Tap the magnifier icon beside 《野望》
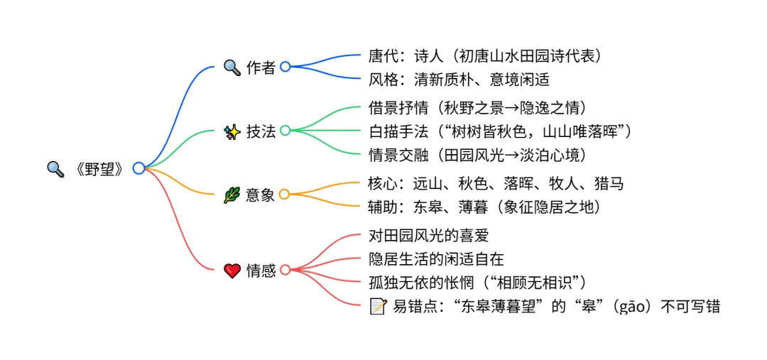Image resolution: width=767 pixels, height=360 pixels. click(x=55, y=169)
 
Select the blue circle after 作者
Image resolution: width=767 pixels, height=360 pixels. click(x=285, y=67)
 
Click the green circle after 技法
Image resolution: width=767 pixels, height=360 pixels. click(x=285, y=131)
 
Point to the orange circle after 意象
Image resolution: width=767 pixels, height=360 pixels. click(x=284, y=195)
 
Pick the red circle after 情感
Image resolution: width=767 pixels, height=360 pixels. click(x=285, y=270)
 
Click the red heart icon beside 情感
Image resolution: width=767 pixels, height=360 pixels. click(x=232, y=271)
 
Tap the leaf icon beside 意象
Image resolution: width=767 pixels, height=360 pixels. click(x=232, y=195)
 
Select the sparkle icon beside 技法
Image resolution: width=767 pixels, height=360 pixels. click(x=232, y=131)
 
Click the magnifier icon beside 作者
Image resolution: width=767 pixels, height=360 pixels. click(x=232, y=67)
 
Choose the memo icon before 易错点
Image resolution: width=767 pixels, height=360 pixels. click(x=378, y=307)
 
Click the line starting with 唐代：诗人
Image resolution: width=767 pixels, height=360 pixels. click(x=490, y=55)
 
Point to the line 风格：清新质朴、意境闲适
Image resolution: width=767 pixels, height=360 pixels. click(x=459, y=79)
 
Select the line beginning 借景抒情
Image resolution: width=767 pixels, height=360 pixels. click(x=478, y=108)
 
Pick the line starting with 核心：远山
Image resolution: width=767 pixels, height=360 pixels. click(x=496, y=184)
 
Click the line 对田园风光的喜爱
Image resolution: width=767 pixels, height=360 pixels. click(x=429, y=235)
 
